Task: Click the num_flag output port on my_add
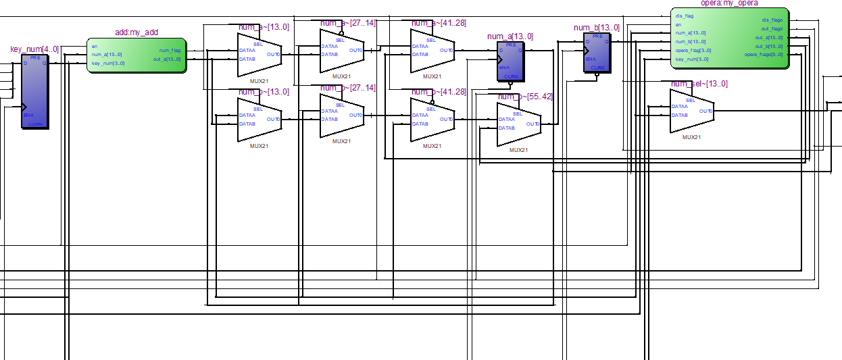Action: coord(170,51)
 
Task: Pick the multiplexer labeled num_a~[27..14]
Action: coord(341,51)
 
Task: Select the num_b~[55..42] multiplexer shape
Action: coord(518,124)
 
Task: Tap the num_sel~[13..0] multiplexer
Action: coord(691,111)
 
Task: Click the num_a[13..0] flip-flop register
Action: coord(510,61)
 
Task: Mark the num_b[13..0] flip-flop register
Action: coord(597,52)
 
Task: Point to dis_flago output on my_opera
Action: coord(772,20)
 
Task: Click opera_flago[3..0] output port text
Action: coord(763,55)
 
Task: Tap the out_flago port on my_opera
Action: coord(772,28)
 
